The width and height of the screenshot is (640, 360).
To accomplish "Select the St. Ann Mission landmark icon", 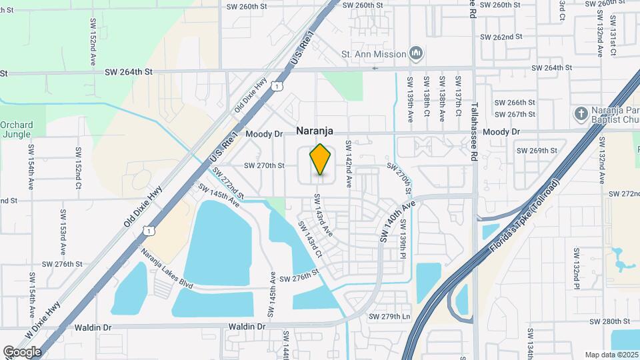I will pos(416,53).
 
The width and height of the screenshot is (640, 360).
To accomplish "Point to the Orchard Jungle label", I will pos(16,129).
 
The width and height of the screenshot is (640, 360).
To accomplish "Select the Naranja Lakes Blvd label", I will pos(167,267).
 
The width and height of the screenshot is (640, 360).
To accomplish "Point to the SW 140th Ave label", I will pos(398,221).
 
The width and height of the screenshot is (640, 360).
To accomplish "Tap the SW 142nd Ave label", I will pos(348,161).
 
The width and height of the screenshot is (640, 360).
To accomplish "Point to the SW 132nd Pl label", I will pos(575,269).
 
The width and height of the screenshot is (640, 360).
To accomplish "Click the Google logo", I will pos(22,351).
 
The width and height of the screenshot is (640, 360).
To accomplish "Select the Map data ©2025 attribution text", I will pos(611,355).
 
